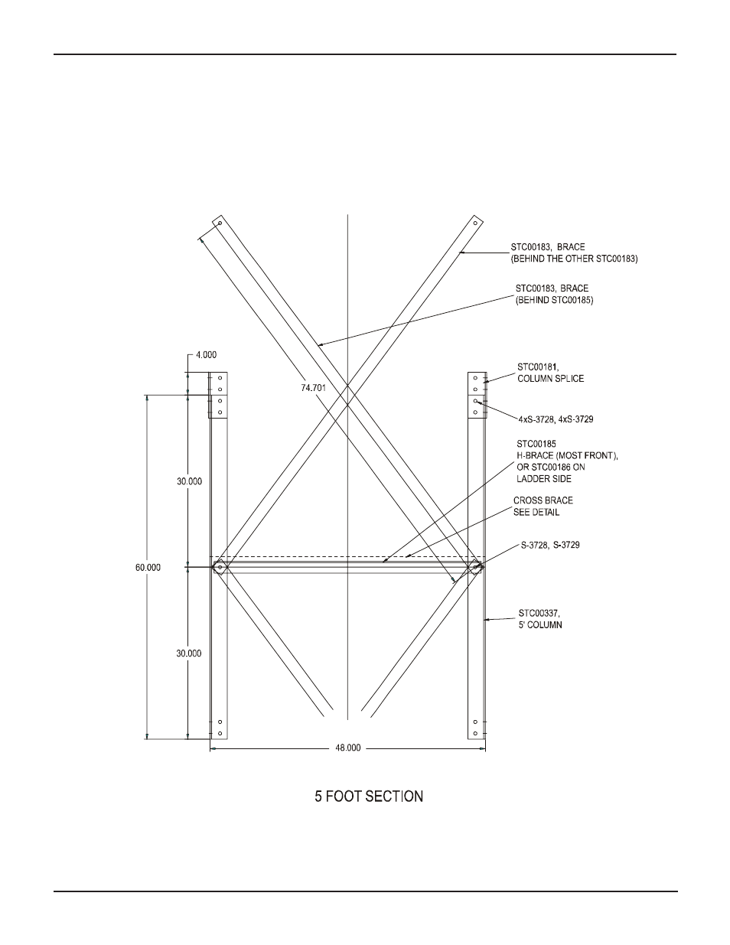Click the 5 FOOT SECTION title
369,797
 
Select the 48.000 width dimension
347,748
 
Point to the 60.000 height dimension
148,567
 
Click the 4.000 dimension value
207,355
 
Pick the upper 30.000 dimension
190,481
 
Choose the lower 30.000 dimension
190,653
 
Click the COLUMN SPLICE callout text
550,379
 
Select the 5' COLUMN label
540,624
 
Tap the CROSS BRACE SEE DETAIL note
543,506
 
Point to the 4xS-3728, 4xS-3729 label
556,419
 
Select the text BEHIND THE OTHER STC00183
574,259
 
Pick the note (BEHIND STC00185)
554,301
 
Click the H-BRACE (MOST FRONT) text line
567,456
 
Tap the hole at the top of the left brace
220,223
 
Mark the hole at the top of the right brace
475,223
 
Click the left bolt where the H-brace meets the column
220,567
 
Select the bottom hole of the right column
475,734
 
